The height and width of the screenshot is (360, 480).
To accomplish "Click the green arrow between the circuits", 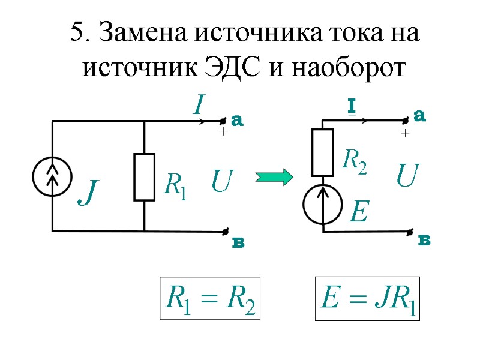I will [274, 177].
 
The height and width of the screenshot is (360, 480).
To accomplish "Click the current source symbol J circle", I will [53, 176].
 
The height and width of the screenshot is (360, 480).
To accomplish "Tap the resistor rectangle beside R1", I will [144, 177].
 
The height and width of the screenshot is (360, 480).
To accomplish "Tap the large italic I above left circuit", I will [198, 106].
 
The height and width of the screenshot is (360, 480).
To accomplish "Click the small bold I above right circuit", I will [352, 107].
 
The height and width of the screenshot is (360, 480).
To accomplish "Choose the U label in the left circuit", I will [223, 181].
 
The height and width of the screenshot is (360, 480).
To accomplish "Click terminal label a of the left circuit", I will [238, 121].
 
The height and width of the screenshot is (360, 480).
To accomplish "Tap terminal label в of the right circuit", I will [424, 241].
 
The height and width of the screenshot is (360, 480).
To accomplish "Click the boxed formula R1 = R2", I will [209, 298].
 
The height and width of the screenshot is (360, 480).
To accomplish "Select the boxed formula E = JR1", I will [368, 298].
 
